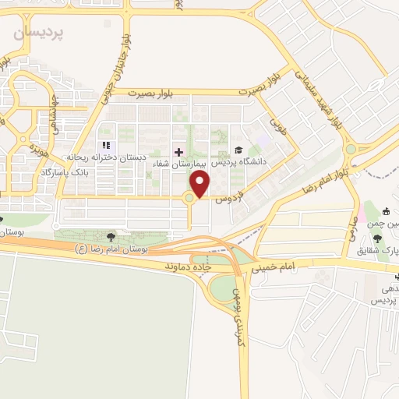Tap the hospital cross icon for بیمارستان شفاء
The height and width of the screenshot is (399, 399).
point(178,151)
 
